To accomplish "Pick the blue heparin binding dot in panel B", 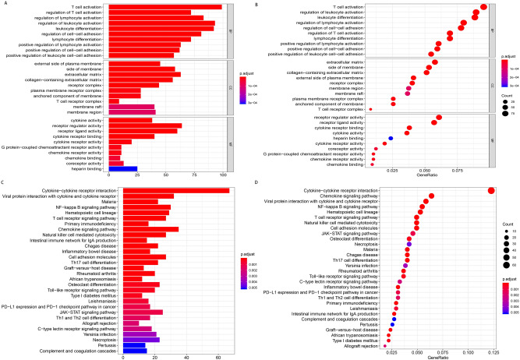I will pos(391,138).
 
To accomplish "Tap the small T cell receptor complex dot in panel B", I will pos(370,109).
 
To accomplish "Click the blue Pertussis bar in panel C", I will pos(111,344).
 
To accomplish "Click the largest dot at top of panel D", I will pos(492,190).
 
